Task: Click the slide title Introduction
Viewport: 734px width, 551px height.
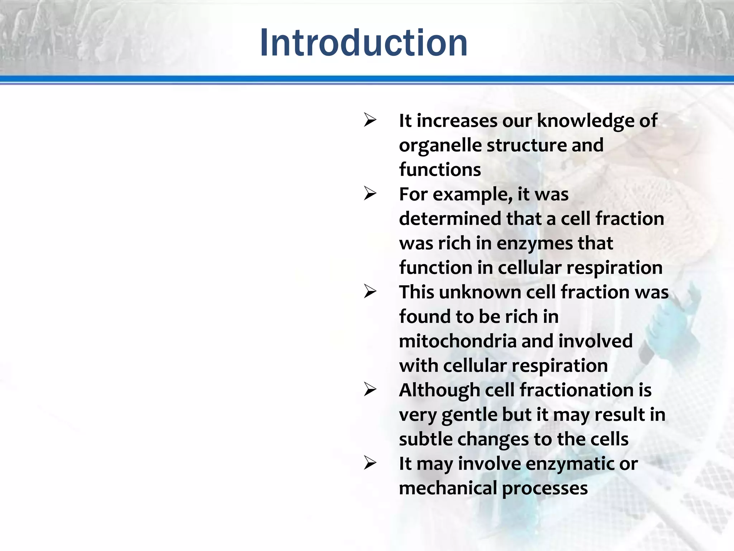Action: pyautogui.click(x=363, y=43)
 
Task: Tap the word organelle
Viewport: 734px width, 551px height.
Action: pyautogui.click(x=440, y=145)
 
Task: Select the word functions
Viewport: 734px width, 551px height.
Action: pyautogui.click(x=440, y=170)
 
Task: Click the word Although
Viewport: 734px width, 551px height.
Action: pyautogui.click(x=439, y=390)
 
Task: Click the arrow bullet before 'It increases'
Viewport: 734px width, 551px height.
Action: pyautogui.click(x=370, y=120)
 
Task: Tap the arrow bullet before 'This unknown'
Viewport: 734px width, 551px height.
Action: pyautogui.click(x=370, y=292)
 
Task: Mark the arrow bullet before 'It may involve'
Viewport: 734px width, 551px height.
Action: pyautogui.click(x=370, y=463)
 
